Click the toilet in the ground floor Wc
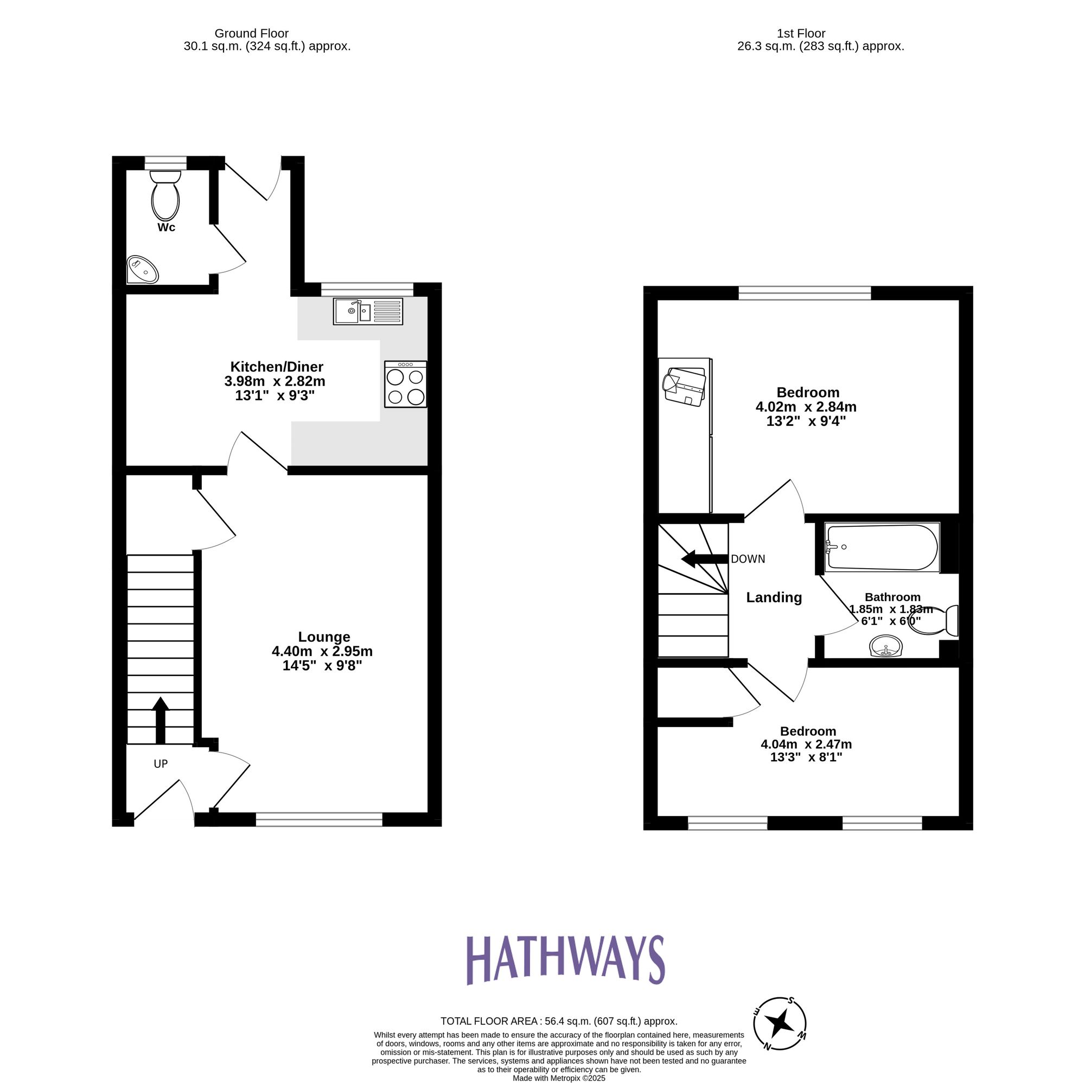coord(165,196)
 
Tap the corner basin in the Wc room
coord(142,270)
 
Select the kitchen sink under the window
coord(368,311)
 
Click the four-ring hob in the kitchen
coord(405,384)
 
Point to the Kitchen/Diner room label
coord(277,367)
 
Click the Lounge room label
coord(324,636)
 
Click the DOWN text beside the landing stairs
coord(748,559)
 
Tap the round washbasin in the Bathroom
coord(886,646)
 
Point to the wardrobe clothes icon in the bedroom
coord(685,386)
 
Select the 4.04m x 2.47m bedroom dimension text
coord(806,744)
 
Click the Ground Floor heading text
coord(252,34)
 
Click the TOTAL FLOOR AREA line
coord(559,1037)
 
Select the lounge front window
coord(319,819)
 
